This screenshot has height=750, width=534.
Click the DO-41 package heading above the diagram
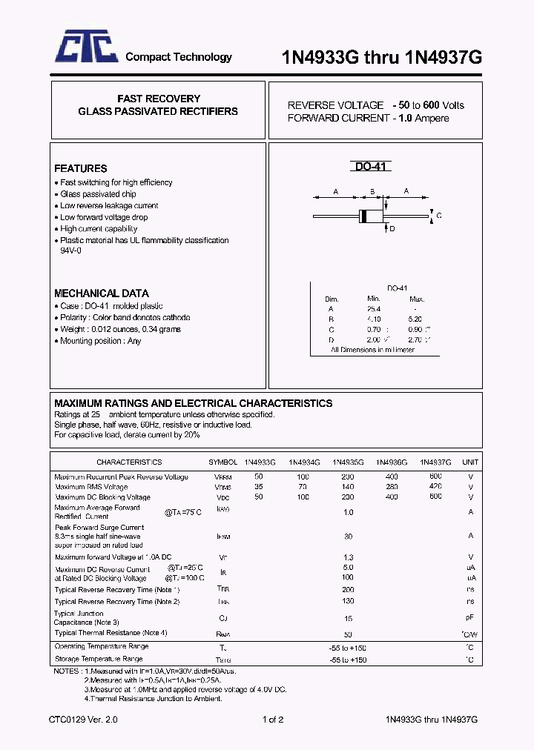pos(369,167)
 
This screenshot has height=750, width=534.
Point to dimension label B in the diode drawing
pos(372,191)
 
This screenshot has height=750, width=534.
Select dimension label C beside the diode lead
pos(439,216)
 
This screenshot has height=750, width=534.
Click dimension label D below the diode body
pos(392,229)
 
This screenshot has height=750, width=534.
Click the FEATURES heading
pos(80,168)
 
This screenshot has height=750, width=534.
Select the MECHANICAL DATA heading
pos(101,293)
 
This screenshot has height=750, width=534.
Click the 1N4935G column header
pos(348,462)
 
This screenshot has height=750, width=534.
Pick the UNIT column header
pos(470,462)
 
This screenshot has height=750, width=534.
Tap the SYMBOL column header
pos(223,462)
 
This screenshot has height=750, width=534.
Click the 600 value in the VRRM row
pos(435,476)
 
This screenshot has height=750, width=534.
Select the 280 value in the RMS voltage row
pos(392,487)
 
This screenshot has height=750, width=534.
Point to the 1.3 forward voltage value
pos(348,557)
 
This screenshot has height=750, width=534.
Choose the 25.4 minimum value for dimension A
pos(374,308)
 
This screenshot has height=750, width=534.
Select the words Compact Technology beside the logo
pos(178,57)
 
